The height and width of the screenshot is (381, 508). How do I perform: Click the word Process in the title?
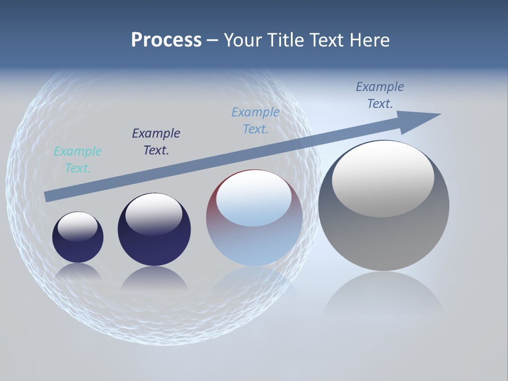[166, 40]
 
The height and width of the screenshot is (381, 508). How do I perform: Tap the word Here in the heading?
[369, 40]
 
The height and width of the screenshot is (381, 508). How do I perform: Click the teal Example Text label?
[78, 159]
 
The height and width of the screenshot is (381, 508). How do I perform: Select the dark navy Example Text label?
[156, 141]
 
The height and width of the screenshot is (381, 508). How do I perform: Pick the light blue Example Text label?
[256, 120]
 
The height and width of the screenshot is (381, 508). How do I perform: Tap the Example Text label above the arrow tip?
[380, 95]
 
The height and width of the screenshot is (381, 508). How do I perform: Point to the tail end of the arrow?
[49, 196]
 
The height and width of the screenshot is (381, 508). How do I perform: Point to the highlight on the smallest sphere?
[77, 226]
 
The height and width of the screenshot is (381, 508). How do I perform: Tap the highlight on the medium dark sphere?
[153, 213]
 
